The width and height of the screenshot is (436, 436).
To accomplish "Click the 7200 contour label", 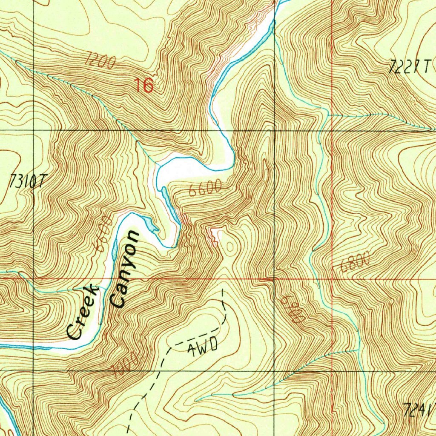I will [100, 60].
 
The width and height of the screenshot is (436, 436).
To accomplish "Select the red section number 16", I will [144, 86].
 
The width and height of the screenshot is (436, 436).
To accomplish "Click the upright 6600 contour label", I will [206, 188].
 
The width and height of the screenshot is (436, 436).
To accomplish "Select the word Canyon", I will [124, 269].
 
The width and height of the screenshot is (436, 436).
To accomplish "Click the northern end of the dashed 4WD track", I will [222, 290].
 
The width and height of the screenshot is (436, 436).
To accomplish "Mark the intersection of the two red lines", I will [332, 280].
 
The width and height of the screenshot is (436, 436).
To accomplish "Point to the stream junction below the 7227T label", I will [328, 115].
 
